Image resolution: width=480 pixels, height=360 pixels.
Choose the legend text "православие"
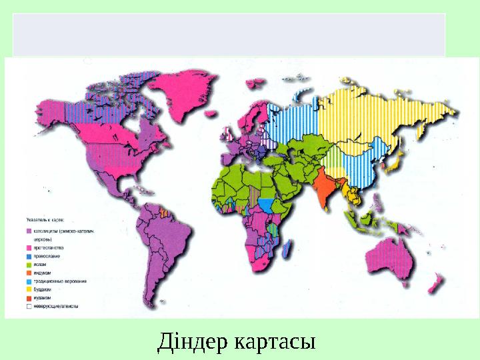click(x=48, y=256)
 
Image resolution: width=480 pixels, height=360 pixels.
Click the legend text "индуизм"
click(x=44, y=273)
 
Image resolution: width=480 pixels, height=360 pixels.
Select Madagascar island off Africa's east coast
click(x=287, y=249)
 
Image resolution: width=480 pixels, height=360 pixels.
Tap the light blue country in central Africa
click(x=267, y=203)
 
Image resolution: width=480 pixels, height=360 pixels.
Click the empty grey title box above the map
click(x=229, y=34)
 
